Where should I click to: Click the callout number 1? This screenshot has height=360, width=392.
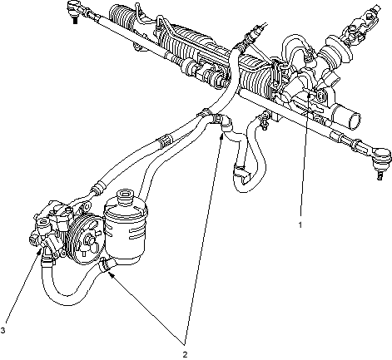click(300, 224)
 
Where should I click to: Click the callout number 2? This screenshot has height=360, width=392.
click(185, 354)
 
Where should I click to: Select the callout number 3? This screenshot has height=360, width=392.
click(2, 330)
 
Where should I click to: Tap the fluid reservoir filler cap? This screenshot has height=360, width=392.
click(126, 195)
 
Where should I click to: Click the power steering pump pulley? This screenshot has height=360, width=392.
click(87, 239)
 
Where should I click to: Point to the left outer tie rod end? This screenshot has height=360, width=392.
click(74, 7)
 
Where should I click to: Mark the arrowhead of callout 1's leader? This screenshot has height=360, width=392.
click(309, 96)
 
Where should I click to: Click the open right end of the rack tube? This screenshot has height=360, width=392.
click(354, 118)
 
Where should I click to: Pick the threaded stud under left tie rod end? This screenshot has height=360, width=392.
click(75, 20)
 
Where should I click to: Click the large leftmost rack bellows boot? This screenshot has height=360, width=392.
click(122, 16)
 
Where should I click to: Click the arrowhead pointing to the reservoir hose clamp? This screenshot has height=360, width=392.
click(111, 274)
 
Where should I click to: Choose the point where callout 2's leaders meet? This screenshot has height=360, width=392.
click(185, 344)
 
